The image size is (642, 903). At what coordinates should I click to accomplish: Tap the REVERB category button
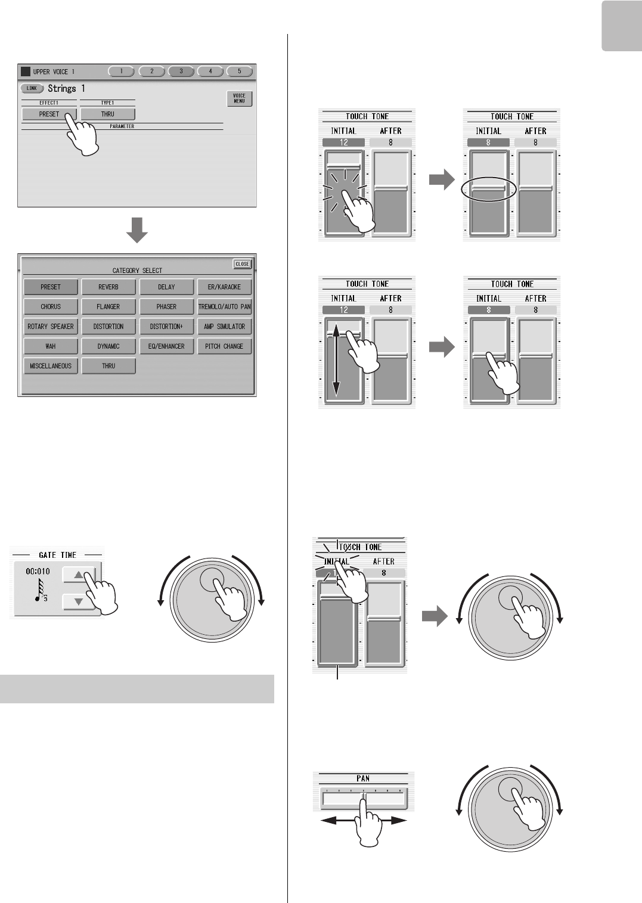[108, 287]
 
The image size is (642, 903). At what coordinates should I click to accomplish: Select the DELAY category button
[166, 287]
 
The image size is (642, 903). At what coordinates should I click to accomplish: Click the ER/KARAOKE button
[224, 287]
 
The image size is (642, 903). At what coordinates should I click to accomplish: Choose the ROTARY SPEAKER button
[51, 327]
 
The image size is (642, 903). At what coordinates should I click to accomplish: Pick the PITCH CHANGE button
[224, 346]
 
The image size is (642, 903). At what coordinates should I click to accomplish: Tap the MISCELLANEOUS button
[51, 366]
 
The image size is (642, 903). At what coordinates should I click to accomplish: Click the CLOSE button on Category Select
[242, 264]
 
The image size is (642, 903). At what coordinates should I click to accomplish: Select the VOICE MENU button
[239, 98]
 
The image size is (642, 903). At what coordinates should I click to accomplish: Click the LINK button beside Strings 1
[32, 88]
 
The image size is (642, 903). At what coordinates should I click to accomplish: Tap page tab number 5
[240, 71]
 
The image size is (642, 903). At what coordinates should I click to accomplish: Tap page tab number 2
[151, 71]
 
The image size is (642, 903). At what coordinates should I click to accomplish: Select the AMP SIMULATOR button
[224, 327]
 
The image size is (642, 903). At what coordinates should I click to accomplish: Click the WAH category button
[51, 346]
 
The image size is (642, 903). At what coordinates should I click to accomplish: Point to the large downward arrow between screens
[137, 229]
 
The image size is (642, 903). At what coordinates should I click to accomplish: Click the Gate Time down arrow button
[78, 602]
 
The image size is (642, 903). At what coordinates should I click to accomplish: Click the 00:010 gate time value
[38, 571]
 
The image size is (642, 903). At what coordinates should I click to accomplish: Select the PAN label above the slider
[363, 778]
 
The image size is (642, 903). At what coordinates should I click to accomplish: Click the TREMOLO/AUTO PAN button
[224, 306]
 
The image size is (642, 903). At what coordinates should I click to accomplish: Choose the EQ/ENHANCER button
[166, 346]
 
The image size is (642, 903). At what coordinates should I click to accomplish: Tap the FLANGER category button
[108, 306]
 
